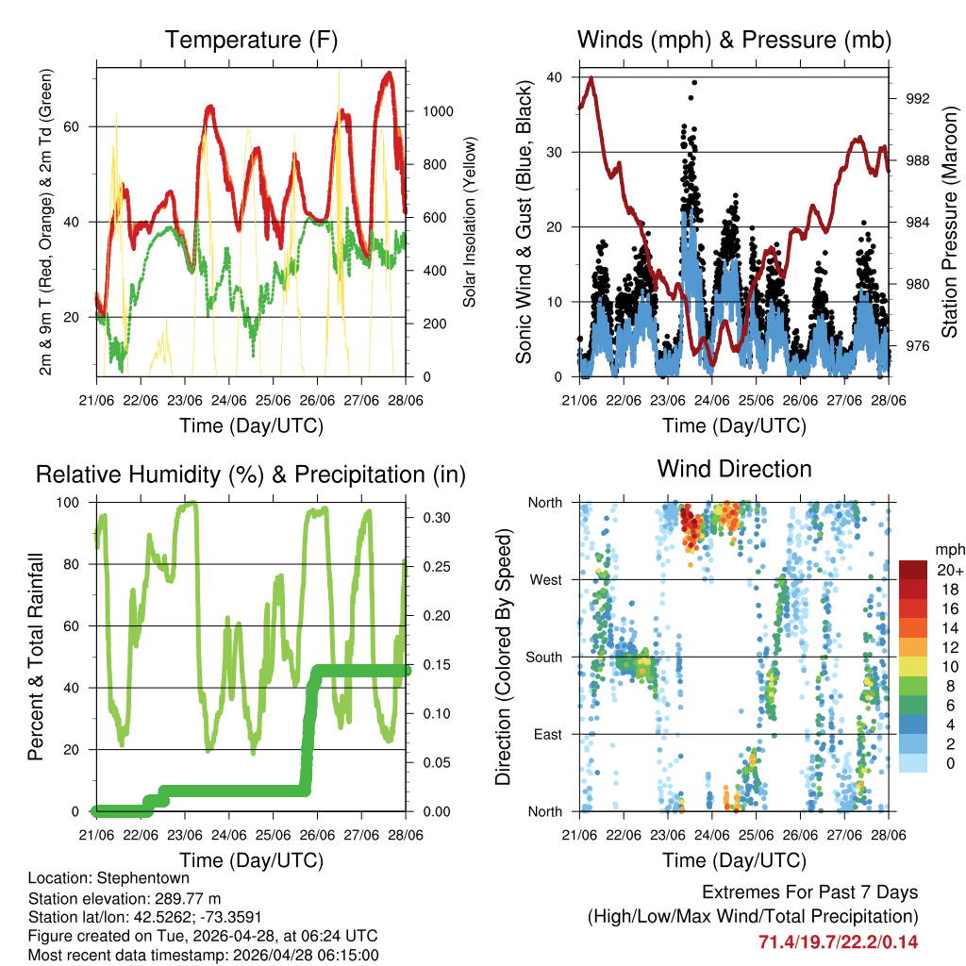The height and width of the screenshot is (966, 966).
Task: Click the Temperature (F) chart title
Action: (251, 41)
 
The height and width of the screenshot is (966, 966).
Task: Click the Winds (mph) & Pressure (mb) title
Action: (734, 41)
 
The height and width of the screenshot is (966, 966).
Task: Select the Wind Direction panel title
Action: (734, 469)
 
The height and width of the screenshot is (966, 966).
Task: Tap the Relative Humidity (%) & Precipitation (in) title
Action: (251, 475)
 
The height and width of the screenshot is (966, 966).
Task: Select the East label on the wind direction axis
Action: (546, 734)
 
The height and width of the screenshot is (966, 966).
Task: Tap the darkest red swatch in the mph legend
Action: (913, 569)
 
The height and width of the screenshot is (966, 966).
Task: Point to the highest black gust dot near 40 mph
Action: (694, 82)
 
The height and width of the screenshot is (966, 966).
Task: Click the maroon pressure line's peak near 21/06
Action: (591, 78)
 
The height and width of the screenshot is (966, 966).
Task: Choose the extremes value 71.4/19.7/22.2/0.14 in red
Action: (838, 941)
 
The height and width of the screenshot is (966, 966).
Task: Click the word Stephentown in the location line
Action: (124, 877)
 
